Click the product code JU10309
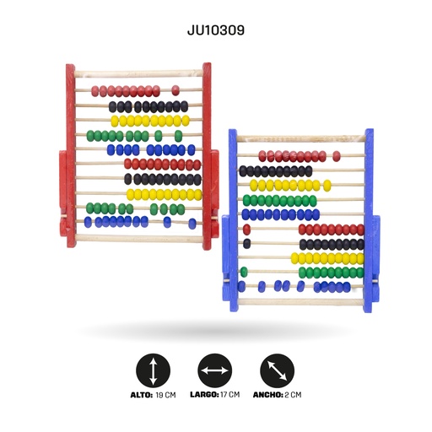tap(216, 30)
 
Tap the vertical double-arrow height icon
tap(153, 370)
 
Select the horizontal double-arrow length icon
tap(215, 370)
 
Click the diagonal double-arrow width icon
tap(277, 370)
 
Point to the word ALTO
tap(142, 395)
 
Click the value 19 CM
tap(165, 395)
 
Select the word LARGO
tap(204, 395)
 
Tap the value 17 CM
tap(230, 395)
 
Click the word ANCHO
tap(268, 395)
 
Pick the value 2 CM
tap(293, 395)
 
